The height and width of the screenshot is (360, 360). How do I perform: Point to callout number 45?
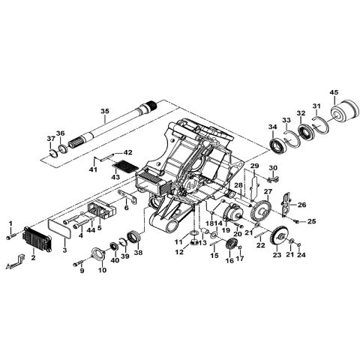click(x=334, y=91)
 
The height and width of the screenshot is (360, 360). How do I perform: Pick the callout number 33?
click(x=286, y=119)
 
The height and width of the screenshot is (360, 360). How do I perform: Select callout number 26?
click(x=302, y=204)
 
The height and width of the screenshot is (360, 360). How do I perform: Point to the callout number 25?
click(x=312, y=221)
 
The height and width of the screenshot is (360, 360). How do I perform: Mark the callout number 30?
click(x=273, y=167)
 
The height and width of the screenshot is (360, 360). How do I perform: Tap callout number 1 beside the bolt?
click(x=10, y=223)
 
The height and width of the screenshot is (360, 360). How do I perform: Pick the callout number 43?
click(x=115, y=176)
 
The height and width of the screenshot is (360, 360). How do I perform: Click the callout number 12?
click(x=179, y=252)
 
